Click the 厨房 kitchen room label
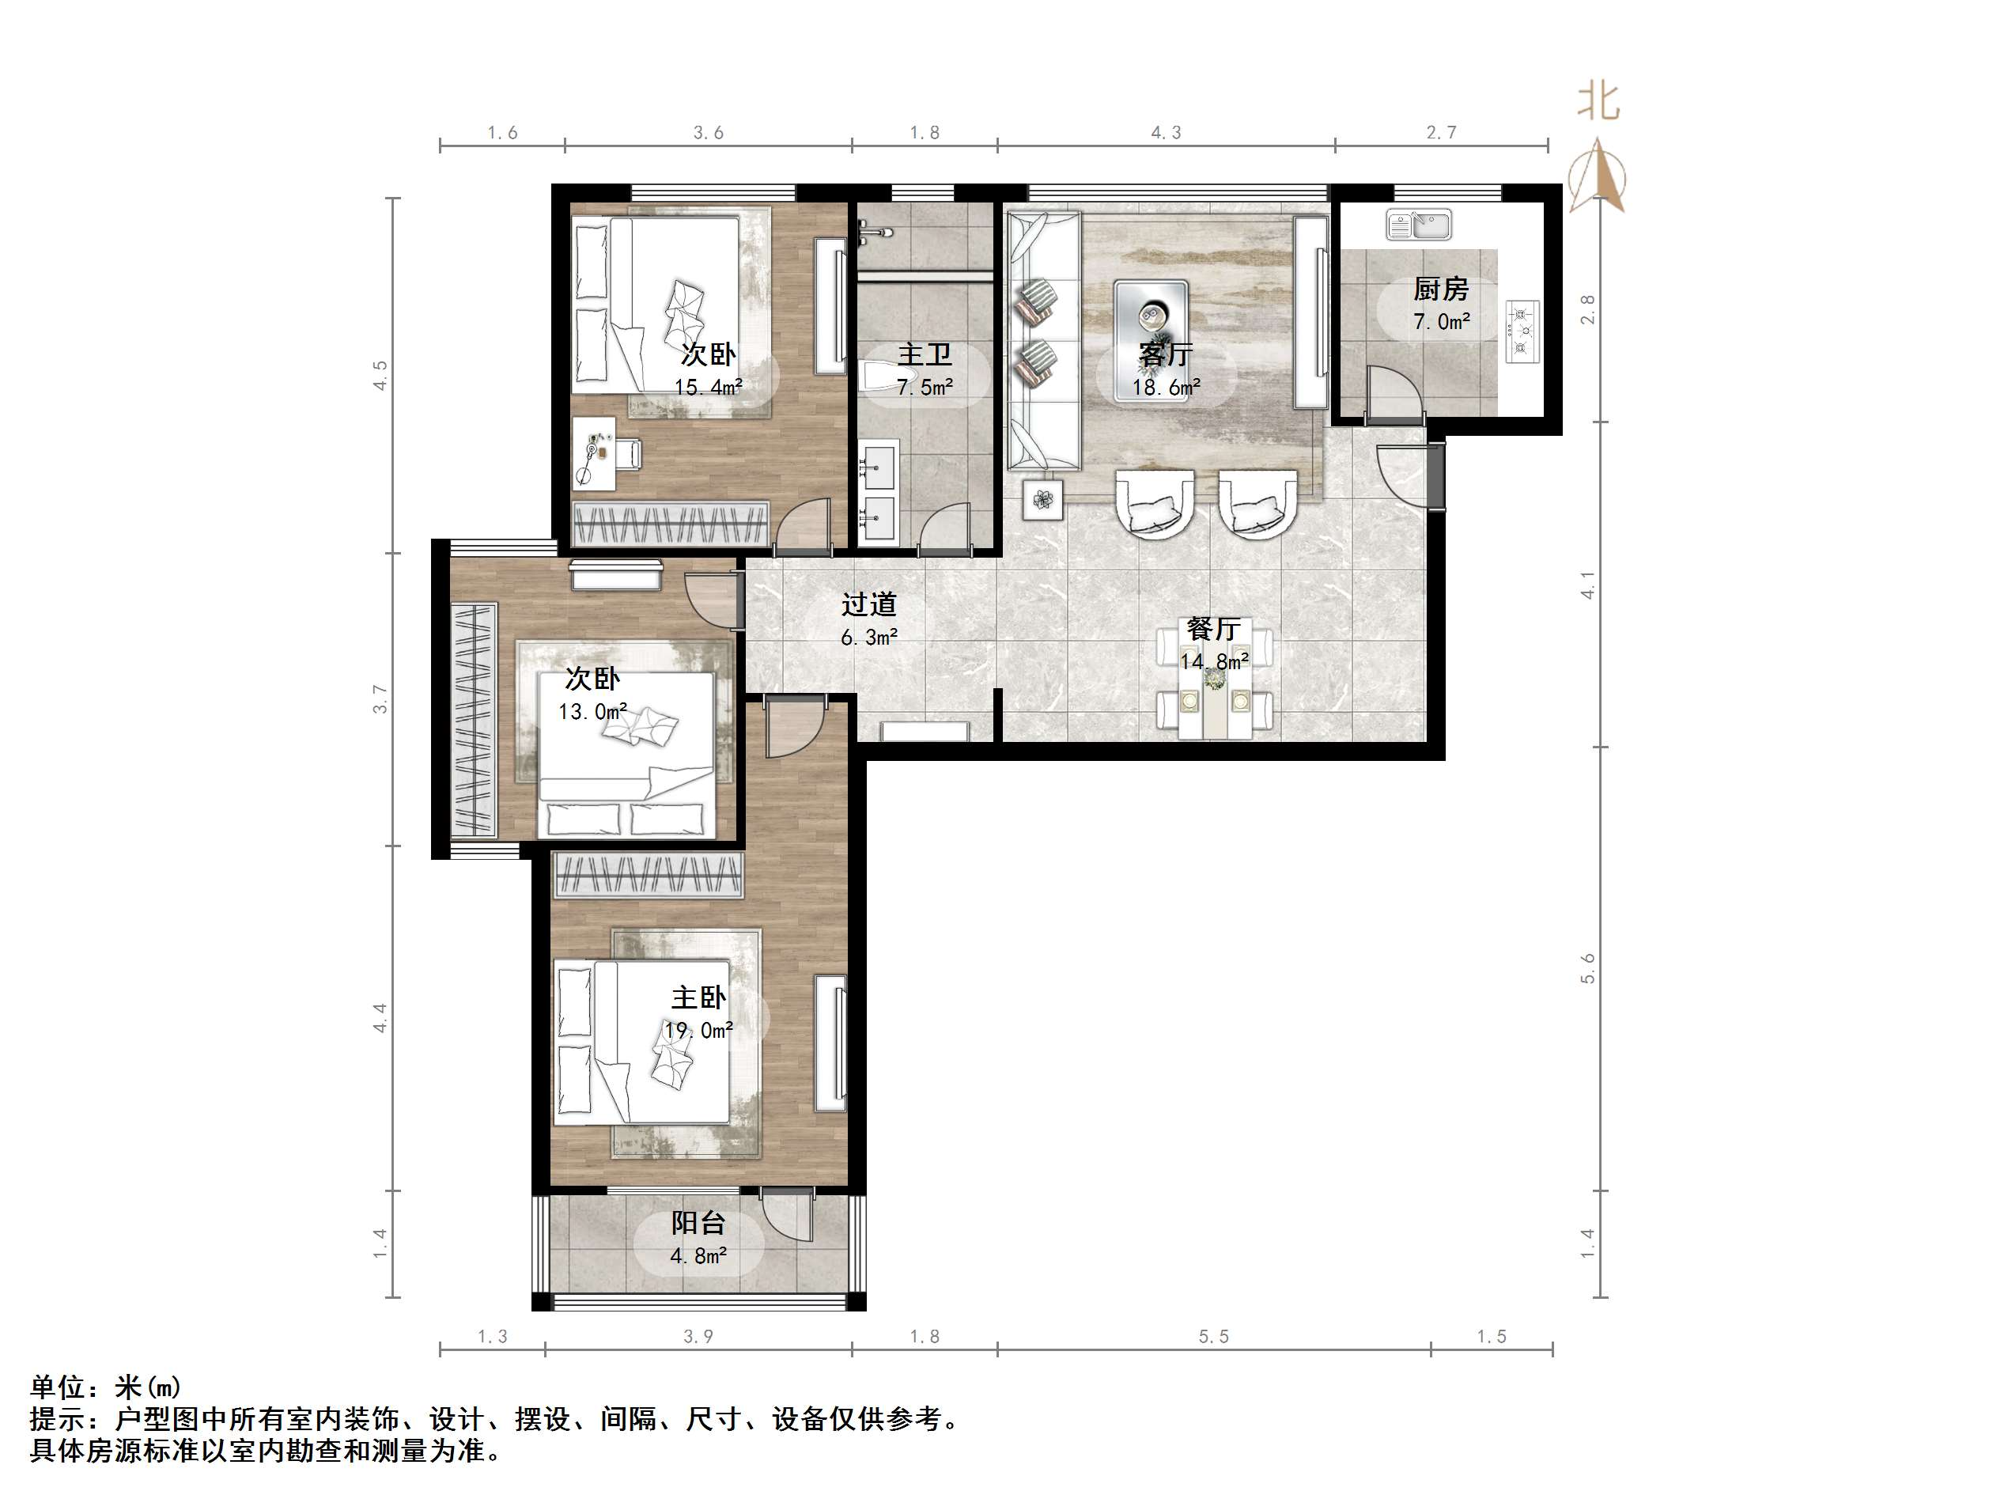(1441, 290)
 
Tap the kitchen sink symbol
(1419, 225)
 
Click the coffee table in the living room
(1151, 313)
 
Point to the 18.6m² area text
(1166, 388)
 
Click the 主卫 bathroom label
(925, 354)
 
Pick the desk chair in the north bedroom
(628, 453)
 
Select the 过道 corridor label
(868, 604)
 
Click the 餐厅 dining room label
(1212, 628)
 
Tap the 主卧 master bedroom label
(698, 997)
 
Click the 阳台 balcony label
(698, 1223)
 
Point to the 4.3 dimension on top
(1165, 132)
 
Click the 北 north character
(1598, 102)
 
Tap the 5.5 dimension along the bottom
(1212, 1336)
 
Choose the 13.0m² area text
(592, 712)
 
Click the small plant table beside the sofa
(1042, 498)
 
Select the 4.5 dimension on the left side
(380, 375)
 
